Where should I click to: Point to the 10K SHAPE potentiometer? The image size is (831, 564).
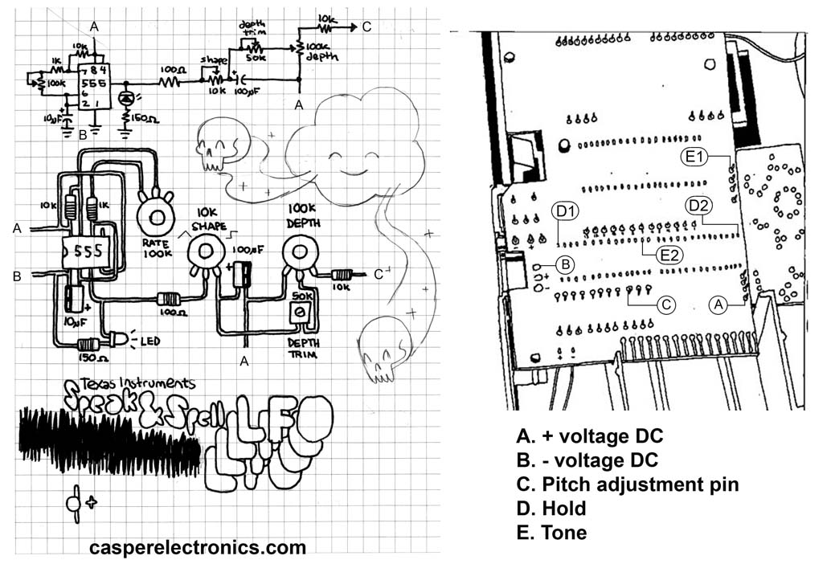(204, 252)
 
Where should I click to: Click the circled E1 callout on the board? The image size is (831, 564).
(694, 157)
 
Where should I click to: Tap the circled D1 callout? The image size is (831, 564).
(565, 212)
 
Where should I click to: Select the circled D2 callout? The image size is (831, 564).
(698, 205)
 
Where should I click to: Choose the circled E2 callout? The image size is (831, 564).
(666, 255)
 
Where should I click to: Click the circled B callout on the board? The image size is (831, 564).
(565, 263)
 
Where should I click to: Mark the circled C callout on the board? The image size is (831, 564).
(664, 304)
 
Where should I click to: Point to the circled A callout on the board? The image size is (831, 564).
(719, 304)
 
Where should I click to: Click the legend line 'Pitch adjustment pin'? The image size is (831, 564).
(628, 484)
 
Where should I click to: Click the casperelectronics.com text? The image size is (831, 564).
(198, 547)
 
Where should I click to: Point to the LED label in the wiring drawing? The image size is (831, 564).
(149, 341)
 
